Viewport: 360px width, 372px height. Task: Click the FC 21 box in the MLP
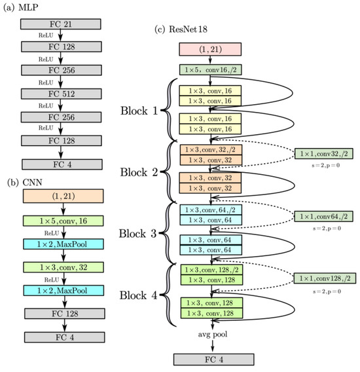click(x=61, y=24)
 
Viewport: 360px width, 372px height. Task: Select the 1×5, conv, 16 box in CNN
click(x=61, y=223)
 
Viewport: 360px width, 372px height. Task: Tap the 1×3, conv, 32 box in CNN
click(x=61, y=267)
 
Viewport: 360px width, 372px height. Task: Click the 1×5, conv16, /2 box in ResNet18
click(x=211, y=69)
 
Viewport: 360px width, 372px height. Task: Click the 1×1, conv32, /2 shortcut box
click(x=325, y=154)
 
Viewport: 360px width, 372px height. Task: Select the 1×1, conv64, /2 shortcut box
click(x=325, y=215)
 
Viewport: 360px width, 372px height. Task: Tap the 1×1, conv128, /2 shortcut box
click(x=325, y=278)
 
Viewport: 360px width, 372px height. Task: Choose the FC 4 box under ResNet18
click(x=211, y=360)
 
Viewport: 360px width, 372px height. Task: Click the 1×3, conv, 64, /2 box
click(x=211, y=210)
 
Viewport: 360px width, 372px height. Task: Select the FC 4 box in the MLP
click(x=61, y=164)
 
